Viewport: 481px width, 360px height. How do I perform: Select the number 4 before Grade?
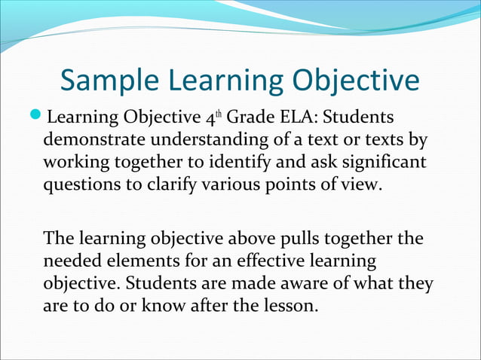[210, 119]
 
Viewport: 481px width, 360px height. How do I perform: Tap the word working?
[77, 162]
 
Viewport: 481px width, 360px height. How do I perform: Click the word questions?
[82, 184]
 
